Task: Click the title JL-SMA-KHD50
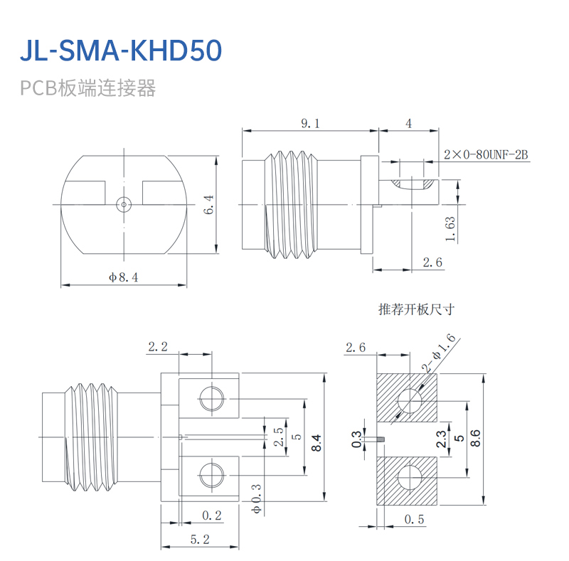tap(121, 50)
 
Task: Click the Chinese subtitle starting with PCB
tap(87, 88)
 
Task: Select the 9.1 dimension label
tap(310, 124)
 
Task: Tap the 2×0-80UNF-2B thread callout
tap(486, 154)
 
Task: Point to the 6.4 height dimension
tap(209, 205)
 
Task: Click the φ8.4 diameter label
tap(123, 277)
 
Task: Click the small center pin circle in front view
tap(124, 205)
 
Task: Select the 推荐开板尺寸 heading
tap(416, 309)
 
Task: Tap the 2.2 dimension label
tap(158, 347)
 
